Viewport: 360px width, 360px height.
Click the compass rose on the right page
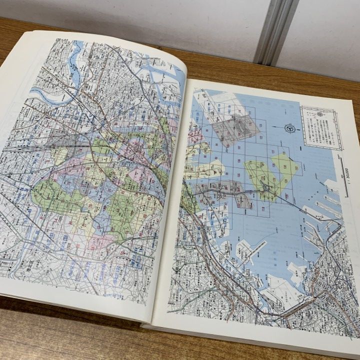click(x=289, y=128)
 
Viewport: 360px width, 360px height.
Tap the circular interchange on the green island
click(x=266, y=189)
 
